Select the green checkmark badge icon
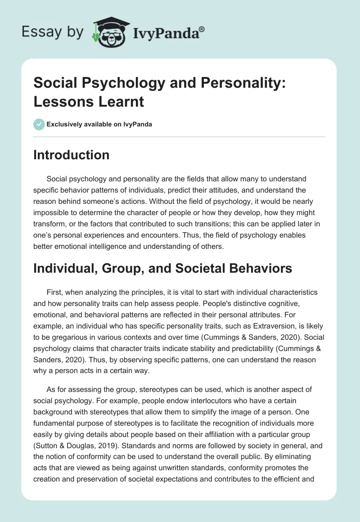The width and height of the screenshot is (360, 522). (39, 124)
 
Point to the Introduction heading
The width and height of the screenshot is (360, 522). (71, 155)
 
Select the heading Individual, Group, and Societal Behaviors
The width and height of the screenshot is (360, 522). (162, 268)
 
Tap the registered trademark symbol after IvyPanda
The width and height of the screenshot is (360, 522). (202, 28)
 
